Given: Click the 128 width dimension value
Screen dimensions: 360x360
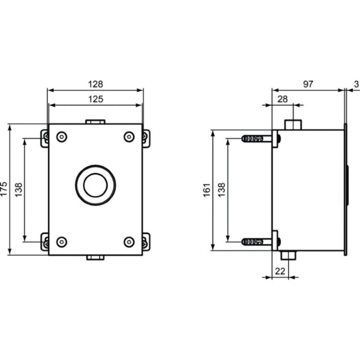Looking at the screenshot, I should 95,84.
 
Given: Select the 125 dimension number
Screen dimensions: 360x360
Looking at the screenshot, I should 95,98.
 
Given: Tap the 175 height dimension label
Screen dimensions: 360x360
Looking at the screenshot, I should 5,189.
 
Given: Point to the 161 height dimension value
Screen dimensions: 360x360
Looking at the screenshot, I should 207,190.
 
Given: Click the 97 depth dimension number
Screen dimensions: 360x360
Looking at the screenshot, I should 308,85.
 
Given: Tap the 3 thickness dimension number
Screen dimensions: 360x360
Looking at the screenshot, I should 356,85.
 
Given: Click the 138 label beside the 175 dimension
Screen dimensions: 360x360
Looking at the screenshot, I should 19,190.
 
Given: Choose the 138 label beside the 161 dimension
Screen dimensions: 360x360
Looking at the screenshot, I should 221,190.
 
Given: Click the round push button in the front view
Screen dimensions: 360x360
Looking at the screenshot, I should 95,185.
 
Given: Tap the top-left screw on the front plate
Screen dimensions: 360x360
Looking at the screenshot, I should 62,137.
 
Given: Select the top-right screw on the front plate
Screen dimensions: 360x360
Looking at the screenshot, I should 129,137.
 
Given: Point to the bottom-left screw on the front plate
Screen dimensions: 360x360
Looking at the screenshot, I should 62,242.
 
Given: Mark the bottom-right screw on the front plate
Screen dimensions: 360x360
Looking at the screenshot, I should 129,242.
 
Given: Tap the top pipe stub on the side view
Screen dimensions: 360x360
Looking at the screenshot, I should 293,125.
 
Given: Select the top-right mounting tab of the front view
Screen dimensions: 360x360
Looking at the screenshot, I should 146,138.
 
